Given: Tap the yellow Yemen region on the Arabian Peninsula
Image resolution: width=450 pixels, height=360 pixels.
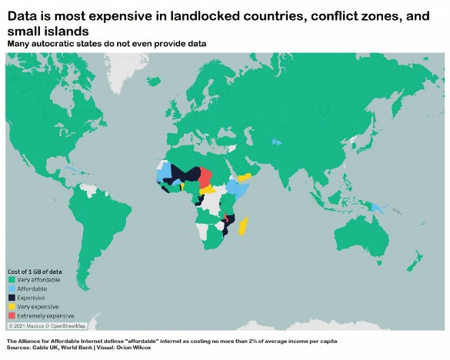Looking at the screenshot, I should coord(245,178).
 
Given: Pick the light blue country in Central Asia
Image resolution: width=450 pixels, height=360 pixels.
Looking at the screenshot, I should coord(275,142).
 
